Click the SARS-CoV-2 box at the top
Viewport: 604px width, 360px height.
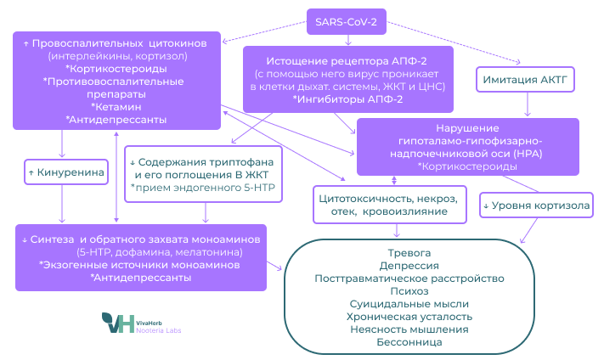click(x=347, y=22)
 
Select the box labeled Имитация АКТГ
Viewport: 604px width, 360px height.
click(x=525, y=80)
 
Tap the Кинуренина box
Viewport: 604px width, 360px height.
click(x=66, y=172)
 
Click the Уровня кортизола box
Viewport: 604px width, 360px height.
click(x=536, y=205)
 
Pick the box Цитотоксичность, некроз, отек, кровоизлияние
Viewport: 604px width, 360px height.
click(x=390, y=205)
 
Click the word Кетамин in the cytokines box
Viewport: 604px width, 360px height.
click(x=117, y=107)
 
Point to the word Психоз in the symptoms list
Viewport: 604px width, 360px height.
click(x=409, y=291)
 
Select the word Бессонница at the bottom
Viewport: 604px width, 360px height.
click(x=409, y=342)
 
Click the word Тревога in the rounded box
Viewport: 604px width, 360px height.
click(x=409, y=253)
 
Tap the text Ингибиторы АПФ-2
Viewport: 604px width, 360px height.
click(x=347, y=99)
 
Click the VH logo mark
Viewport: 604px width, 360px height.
click(x=118, y=323)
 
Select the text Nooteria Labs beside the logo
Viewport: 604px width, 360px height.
click(x=158, y=330)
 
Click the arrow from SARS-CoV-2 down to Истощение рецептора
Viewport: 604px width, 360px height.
click(x=348, y=40)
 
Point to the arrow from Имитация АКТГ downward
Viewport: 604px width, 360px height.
click(x=528, y=104)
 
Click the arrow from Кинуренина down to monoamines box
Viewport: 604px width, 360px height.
click(x=62, y=204)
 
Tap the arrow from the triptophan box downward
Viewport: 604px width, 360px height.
click(x=206, y=212)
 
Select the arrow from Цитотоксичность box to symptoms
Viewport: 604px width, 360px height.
click(x=397, y=230)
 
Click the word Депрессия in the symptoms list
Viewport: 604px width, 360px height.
click(x=409, y=266)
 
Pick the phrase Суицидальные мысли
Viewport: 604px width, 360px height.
click(x=409, y=304)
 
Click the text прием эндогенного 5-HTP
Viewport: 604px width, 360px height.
click(x=203, y=188)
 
